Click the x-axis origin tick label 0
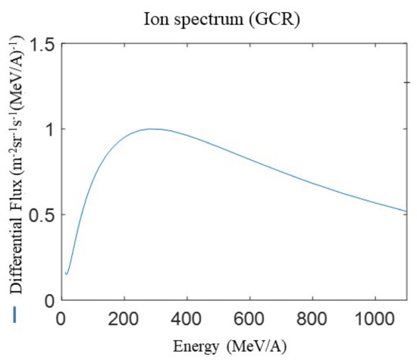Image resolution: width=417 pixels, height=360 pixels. click(x=61, y=319)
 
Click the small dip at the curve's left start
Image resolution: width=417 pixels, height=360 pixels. click(x=67, y=274)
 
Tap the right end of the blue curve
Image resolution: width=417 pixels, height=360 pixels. click(x=406, y=211)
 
